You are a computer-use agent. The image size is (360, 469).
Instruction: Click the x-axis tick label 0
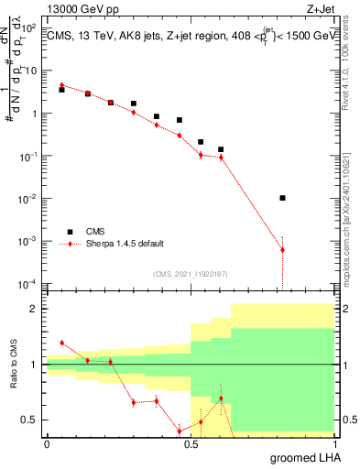coord(47,443)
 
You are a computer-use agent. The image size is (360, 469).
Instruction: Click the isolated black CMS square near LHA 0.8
coord(282,198)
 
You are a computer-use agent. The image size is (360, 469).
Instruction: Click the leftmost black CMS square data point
coord(61,90)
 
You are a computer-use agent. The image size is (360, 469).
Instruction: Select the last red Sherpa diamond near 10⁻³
coord(282,250)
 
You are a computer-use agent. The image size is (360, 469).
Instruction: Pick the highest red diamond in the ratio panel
coord(61,342)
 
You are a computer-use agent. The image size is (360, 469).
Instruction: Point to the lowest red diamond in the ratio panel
coord(180,431)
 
